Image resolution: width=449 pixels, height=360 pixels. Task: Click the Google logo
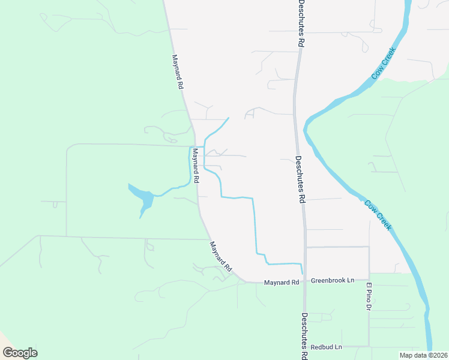[20, 353]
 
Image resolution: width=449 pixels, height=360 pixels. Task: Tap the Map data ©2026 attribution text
[424, 355]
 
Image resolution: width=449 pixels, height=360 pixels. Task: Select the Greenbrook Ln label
[334, 280]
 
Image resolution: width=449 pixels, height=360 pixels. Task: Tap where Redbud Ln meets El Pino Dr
[369, 346]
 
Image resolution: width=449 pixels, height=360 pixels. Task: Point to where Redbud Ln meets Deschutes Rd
[305, 347]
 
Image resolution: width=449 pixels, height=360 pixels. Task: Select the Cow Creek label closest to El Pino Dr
[378, 215]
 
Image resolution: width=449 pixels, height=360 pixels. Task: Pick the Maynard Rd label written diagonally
[220, 256]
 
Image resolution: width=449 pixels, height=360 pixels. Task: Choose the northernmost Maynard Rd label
[176, 72]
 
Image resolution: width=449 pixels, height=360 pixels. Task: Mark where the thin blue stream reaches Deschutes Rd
[303, 265]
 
